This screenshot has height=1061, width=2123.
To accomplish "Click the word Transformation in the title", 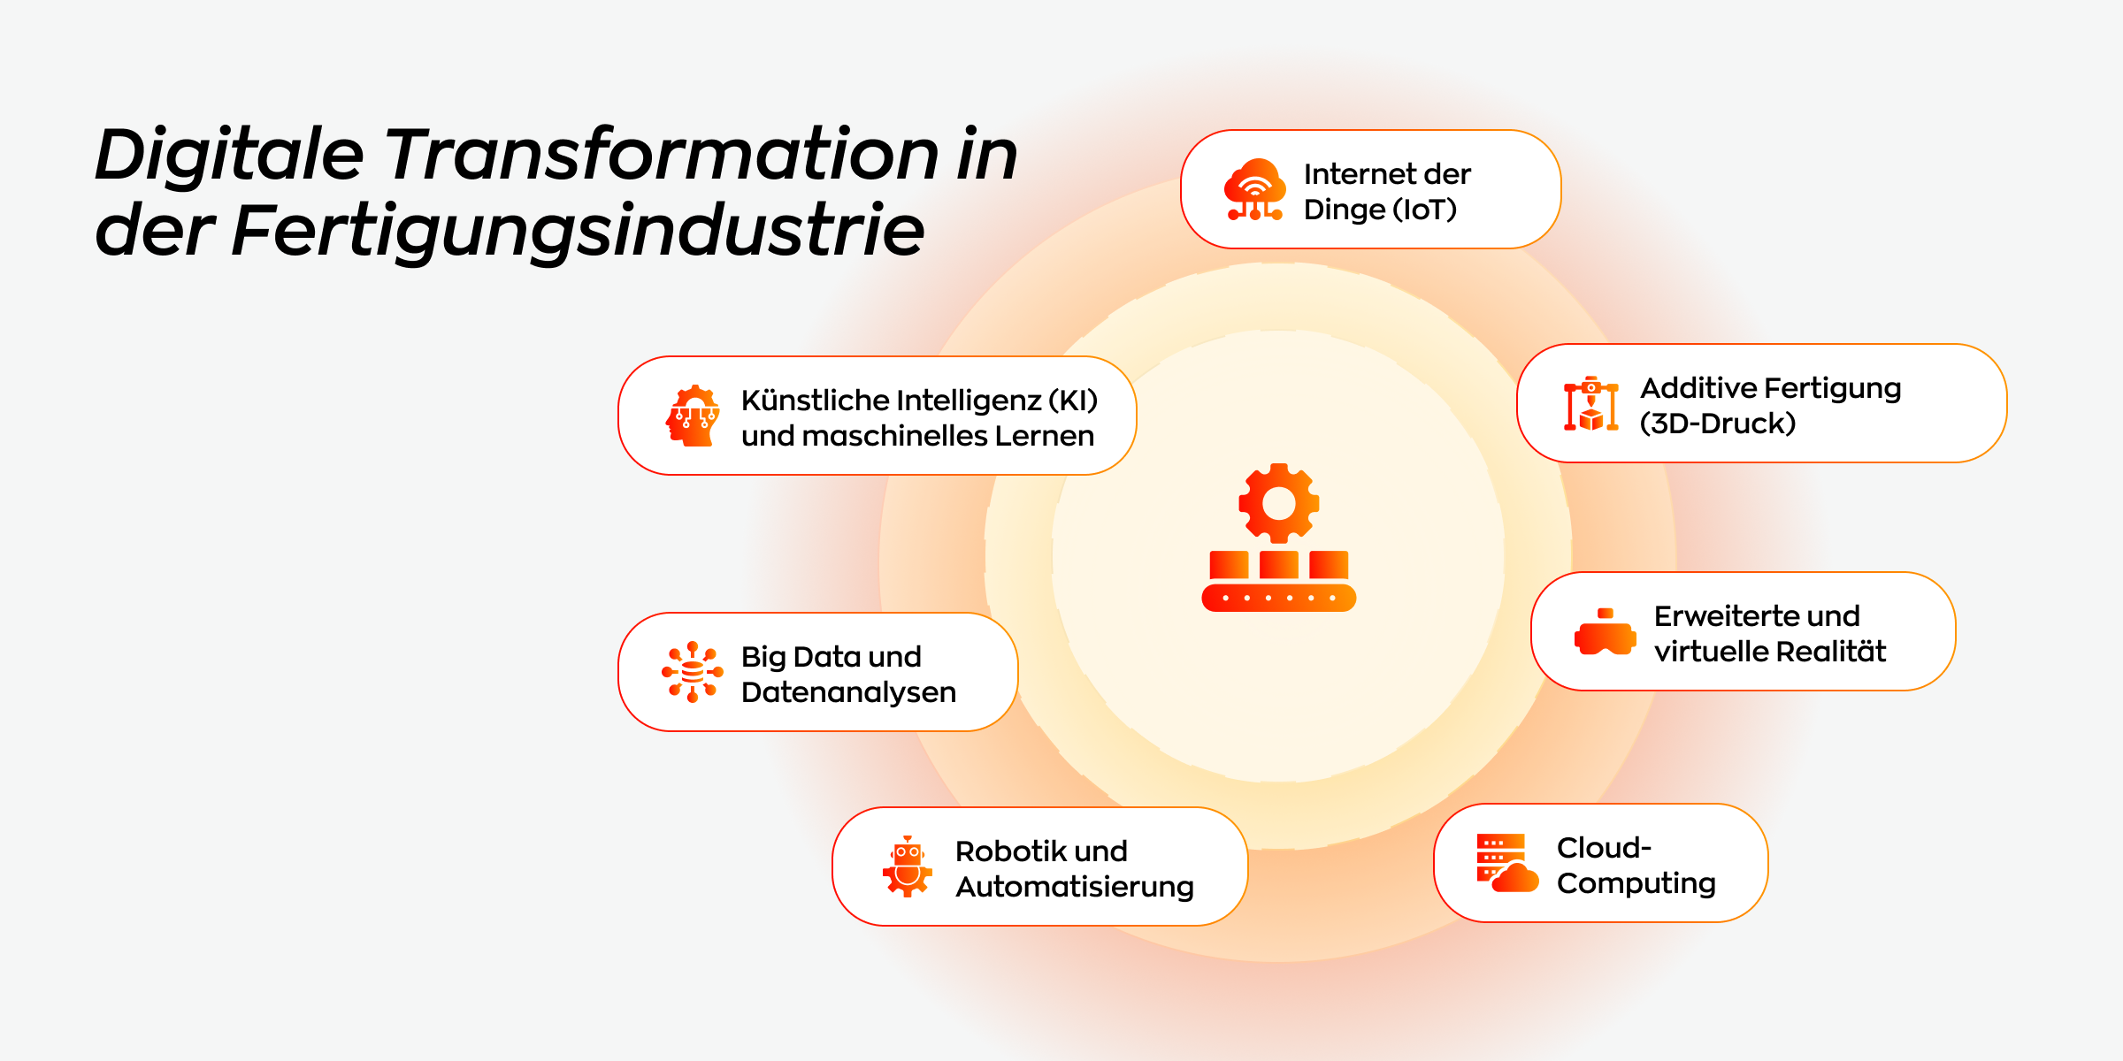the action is coord(661,154).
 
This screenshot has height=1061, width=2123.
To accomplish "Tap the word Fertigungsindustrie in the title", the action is coord(578,231).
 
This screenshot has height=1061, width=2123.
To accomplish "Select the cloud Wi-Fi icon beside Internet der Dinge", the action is coord(1254,189).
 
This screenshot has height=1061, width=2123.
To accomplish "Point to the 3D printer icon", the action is coord(1590,404).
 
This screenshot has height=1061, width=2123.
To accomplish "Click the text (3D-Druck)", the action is coord(1718,424).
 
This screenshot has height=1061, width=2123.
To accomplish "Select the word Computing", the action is coord(1636,883).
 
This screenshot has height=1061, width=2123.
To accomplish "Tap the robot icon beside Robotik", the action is coord(908,866).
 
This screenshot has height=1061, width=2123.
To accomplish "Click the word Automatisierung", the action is coord(1075,887).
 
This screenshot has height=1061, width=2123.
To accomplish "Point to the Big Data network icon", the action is coord(693,672).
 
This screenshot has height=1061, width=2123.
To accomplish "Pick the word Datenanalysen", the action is coord(849,692).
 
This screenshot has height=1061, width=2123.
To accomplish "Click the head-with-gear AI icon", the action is coord(693,416).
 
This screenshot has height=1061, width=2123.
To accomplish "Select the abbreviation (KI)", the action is coord(1073,401).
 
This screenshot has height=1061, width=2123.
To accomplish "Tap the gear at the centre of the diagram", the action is coord(1279,503).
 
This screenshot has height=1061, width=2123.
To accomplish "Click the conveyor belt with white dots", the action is coord(1279,598).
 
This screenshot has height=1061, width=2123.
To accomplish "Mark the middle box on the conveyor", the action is coord(1279,565).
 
